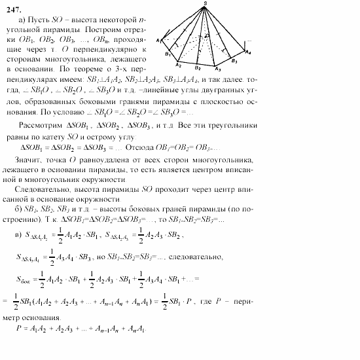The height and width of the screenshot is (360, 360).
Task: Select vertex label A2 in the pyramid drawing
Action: [177, 64]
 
